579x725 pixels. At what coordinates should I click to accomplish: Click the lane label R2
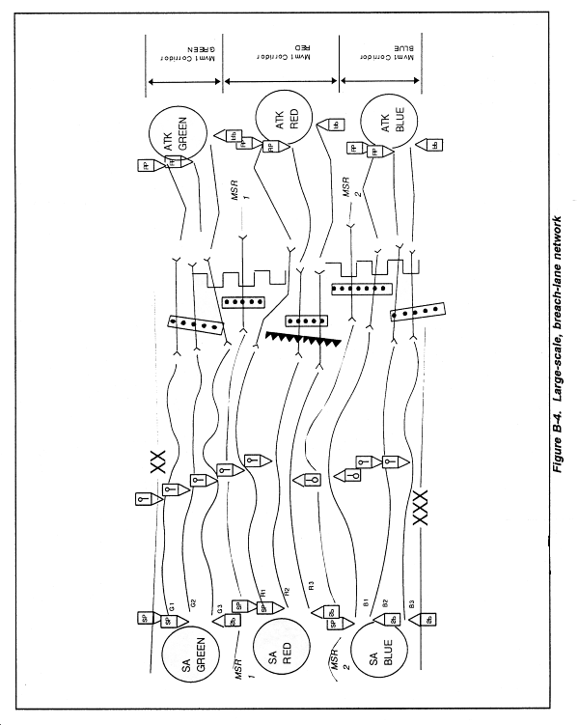point(286,589)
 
